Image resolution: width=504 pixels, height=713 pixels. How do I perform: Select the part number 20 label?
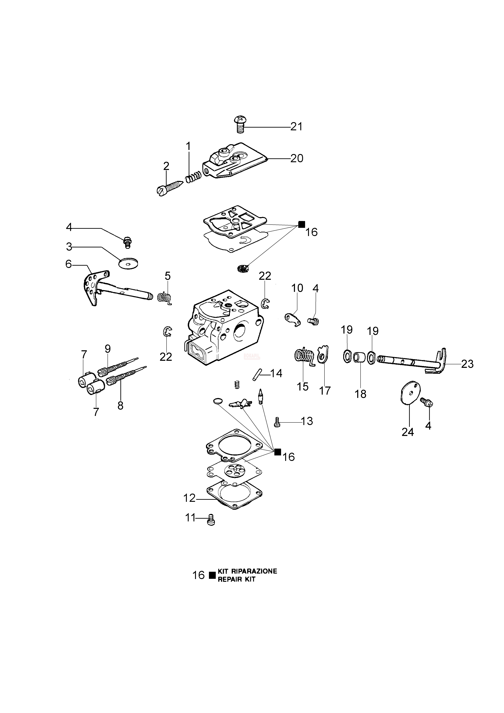coord(297,158)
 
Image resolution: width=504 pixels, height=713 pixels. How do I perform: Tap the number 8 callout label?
coord(120,405)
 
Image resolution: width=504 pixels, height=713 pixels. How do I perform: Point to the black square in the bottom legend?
coord(212,575)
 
